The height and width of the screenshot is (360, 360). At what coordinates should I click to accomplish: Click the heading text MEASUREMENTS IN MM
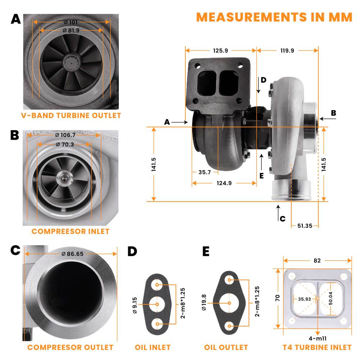point(274,17)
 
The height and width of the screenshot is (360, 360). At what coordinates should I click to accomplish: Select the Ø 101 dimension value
point(71,22)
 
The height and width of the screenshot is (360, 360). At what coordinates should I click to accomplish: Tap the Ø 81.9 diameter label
point(71,30)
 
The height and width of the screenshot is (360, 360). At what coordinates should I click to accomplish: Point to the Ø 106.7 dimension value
point(65,135)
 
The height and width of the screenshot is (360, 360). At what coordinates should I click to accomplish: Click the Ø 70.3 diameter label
point(65,144)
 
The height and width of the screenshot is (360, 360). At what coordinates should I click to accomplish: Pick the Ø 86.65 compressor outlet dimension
point(72,254)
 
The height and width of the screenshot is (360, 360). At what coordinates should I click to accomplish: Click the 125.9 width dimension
point(220,50)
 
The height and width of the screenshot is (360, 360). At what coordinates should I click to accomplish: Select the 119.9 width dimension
point(287,50)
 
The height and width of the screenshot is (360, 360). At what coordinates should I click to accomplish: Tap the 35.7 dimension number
point(204,172)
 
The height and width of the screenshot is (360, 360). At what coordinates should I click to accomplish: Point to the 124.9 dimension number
point(224,183)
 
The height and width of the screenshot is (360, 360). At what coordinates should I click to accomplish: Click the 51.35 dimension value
point(305,226)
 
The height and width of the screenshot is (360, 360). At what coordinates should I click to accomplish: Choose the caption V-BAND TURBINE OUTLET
point(71,116)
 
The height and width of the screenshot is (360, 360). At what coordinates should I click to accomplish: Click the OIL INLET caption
point(153,347)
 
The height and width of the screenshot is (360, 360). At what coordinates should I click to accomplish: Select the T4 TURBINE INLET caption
point(317,347)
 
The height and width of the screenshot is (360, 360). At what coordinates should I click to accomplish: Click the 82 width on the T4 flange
point(317,260)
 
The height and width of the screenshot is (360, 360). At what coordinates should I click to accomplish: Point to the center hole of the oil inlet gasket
point(157,305)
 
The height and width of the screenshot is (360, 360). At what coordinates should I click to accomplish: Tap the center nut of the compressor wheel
point(65,177)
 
